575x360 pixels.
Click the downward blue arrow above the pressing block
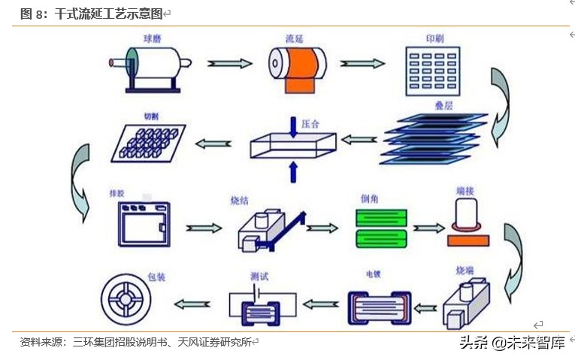point(293,124)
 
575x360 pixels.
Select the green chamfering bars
point(381,228)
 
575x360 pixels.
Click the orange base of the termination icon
point(468,241)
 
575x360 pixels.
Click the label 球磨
point(153,38)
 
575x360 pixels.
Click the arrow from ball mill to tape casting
point(230,63)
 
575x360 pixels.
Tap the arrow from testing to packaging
point(192,304)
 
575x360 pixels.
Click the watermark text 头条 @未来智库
point(512,343)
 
